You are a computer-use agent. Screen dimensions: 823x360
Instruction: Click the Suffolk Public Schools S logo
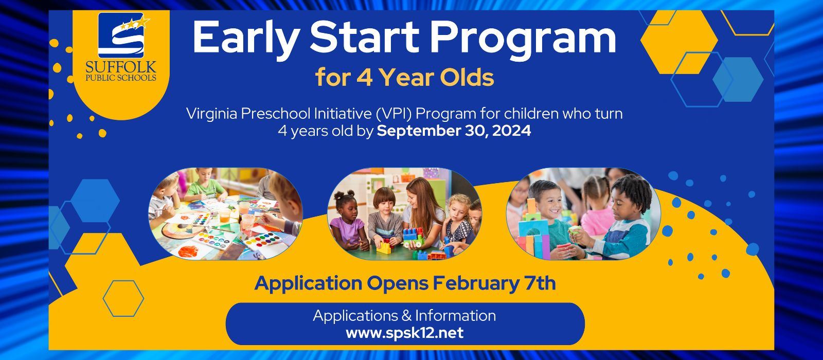click(121, 35)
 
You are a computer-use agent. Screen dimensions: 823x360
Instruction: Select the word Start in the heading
click(364, 37)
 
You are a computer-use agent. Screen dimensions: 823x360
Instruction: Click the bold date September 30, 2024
click(454, 131)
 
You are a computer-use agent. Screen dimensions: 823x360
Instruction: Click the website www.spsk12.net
click(404, 333)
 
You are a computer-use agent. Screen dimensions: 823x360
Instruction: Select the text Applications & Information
click(404, 316)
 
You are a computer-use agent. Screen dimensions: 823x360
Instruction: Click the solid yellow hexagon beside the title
click(679, 42)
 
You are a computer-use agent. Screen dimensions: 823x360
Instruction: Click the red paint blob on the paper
click(189, 251)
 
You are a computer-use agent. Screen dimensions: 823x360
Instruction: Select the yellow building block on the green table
click(384, 248)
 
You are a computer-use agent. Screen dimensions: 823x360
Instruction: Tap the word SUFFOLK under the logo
click(121, 67)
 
